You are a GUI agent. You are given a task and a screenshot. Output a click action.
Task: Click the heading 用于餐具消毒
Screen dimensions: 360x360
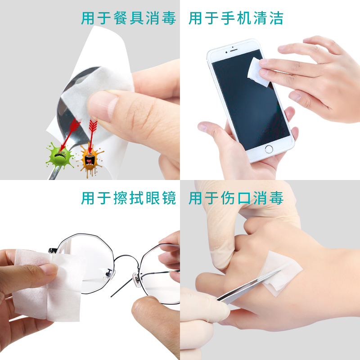tap(129, 18)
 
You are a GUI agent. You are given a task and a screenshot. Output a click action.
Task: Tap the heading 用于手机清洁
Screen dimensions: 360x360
tap(236, 18)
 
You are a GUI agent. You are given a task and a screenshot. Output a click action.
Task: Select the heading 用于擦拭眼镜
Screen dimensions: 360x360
tap(129, 198)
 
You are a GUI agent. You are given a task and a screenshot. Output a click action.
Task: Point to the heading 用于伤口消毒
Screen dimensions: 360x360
tap(236, 198)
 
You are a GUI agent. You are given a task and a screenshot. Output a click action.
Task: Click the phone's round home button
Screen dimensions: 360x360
tap(269, 149)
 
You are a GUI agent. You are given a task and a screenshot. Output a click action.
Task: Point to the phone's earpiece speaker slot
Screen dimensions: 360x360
tap(234, 50)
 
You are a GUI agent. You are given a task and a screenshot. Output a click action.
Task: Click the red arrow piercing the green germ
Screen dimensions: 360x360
tap(70, 134)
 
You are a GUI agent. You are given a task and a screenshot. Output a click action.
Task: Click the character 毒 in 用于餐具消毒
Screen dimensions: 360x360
tap(169, 18)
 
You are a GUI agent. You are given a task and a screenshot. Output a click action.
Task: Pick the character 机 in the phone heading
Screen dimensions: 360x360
tap(244, 18)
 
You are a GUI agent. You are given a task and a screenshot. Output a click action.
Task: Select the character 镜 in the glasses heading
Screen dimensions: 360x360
tap(169, 198)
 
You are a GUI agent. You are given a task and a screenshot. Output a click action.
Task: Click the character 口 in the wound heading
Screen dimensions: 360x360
tap(244, 198)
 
